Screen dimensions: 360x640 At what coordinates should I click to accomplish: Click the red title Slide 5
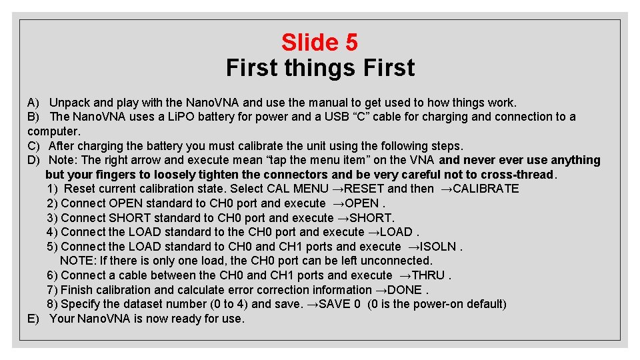click(319, 43)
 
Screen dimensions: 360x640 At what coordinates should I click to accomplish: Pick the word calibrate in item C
click(257, 146)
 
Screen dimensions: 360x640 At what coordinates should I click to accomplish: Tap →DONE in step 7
click(399, 290)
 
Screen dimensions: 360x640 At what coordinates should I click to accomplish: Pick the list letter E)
click(34, 319)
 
